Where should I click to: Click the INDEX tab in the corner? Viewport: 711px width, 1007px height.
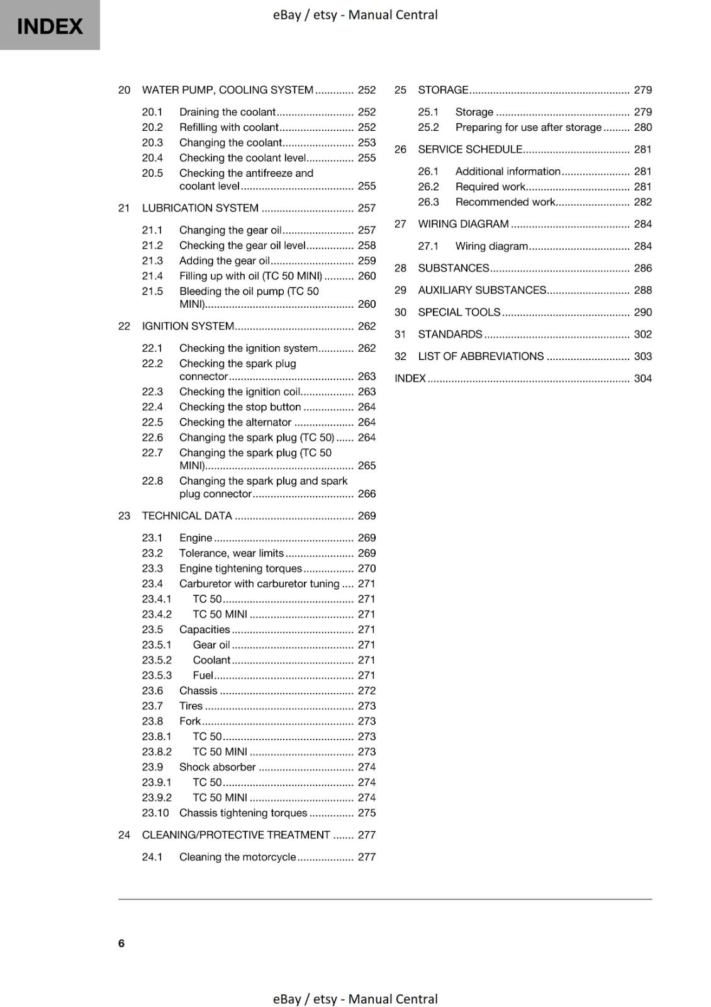pyautogui.click(x=50, y=26)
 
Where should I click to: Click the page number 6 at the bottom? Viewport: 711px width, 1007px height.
pyautogui.click(x=121, y=943)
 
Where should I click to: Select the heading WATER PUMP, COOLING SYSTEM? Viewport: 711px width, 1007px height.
pyautogui.click(x=227, y=90)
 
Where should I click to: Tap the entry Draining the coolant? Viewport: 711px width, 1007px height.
pyautogui.click(x=227, y=112)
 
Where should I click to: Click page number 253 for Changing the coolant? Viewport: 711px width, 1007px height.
pyautogui.click(x=366, y=143)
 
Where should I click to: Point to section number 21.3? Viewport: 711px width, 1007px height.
pyautogui.click(x=152, y=261)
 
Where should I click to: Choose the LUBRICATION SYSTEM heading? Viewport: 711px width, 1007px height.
pyautogui.click(x=200, y=208)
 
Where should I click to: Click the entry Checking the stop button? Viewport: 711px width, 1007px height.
pyautogui.click(x=240, y=407)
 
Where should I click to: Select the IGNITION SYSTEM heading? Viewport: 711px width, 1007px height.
pyautogui.click(x=188, y=326)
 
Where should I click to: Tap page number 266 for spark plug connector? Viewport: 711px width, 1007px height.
pyautogui.click(x=366, y=494)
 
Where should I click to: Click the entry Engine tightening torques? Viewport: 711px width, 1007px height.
pyautogui.click(x=240, y=568)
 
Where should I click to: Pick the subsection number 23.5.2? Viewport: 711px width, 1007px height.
pyautogui.click(x=157, y=660)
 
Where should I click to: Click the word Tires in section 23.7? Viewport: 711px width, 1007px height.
pyautogui.click(x=191, y=706)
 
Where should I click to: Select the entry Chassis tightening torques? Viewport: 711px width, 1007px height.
pyautogui.click(x=243, y=813)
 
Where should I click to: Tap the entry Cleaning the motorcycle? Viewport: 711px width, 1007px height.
pyautogui.click(x=237, y=857)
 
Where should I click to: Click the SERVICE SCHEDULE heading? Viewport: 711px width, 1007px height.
pyautogui.click(x=470, y=150)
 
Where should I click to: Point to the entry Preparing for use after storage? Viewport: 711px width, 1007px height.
pyautogui.click(x=528, y=127)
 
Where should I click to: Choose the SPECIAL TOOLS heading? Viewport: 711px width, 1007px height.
pyautogui.click(x=459, y=312)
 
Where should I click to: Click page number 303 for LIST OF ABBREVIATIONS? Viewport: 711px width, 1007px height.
pyautogui.click(x=642, y=356)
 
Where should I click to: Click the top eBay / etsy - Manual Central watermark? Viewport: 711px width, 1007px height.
pyautogui.click(x=355, y=14)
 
